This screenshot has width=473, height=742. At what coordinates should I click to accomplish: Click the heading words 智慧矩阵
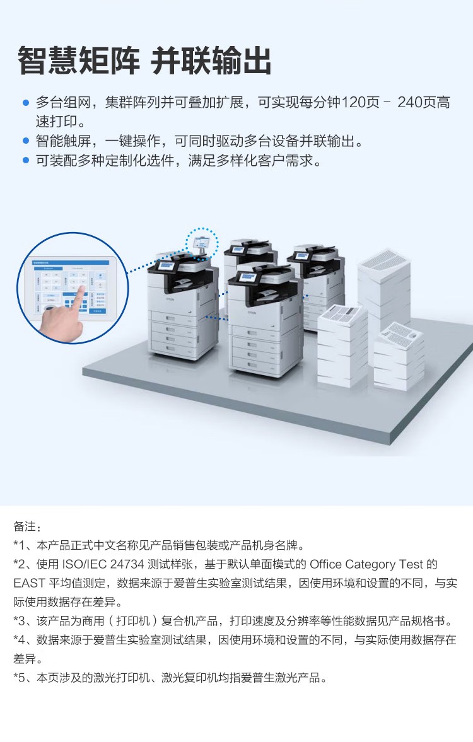(79, 61)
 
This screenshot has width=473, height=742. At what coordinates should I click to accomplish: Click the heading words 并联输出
(212, 61)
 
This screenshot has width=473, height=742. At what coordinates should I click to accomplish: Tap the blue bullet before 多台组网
(26, 102)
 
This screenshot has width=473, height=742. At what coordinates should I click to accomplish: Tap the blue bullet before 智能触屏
(26, 141)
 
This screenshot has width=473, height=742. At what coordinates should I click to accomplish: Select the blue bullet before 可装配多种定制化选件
(26, 161)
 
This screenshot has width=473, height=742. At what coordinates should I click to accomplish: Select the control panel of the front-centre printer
(247, 277)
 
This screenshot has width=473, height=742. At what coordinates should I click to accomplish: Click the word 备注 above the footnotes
(27, 526)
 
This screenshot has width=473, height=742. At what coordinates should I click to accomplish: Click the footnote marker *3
(19, 622)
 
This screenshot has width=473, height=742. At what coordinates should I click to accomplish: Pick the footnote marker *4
(19, 641)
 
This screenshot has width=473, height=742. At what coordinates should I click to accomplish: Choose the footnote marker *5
(19, 678)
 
